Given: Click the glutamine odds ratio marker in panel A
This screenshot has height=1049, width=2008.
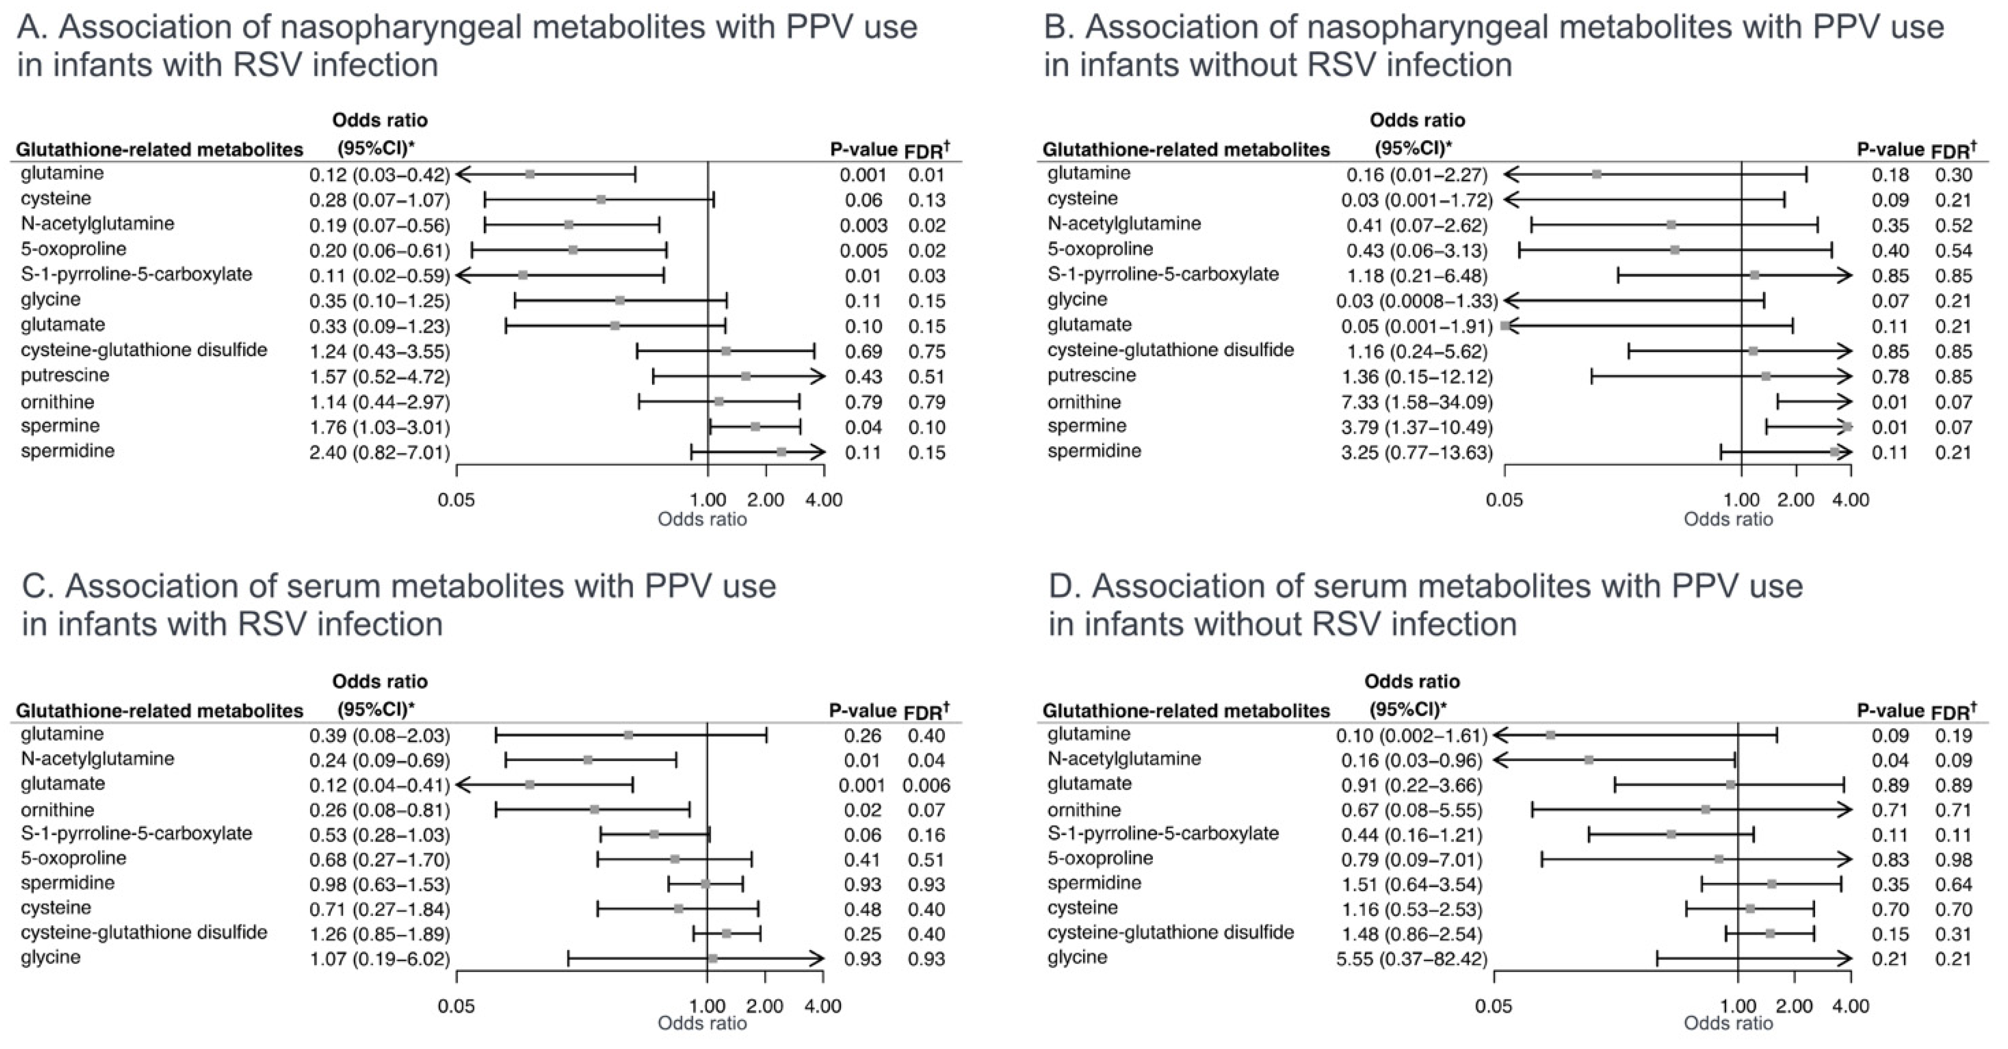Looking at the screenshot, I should pos(530,174).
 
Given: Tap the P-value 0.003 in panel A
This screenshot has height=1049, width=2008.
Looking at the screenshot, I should pos(863,225).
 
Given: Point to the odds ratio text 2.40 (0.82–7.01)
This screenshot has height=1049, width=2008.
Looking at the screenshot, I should pos(380,453).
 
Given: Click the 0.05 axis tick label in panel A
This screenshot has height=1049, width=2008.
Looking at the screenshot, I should pos(456,499).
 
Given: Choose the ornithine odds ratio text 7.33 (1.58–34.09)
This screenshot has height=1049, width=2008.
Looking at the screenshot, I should pos(1416,402).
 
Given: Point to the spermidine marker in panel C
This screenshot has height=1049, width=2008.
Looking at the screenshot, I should pos(705,884).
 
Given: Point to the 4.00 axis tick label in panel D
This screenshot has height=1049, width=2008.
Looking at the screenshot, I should pos(1851,1006).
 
